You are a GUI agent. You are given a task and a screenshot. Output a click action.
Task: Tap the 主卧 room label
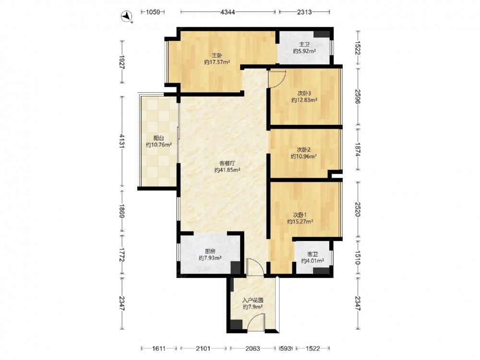[x=217, y=55]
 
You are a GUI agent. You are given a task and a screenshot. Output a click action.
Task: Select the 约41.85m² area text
[x=227, y=170]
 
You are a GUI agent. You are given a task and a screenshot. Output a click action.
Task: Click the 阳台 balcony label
[x=158, y=138]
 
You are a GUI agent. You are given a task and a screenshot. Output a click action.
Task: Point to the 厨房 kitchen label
[x=210, y=252]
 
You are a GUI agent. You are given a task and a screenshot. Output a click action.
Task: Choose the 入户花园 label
[x=253, y=300]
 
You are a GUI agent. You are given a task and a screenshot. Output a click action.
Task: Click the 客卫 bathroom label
[x=312, y=254]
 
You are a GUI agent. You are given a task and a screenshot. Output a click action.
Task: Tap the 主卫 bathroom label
[x=304, y=45]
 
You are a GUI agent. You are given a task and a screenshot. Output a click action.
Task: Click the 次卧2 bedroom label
[x=304, y=150]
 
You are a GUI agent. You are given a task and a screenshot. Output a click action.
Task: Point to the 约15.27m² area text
[x=300, y=222]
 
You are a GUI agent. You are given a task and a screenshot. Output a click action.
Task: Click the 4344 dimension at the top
[x=228, y=12]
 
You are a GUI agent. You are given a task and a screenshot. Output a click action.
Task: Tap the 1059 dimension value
[x=153, y=12]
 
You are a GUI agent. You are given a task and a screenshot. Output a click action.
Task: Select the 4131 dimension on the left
[x=122, y=141]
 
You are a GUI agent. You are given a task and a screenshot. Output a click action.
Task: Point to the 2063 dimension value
[x=253, y=348]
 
